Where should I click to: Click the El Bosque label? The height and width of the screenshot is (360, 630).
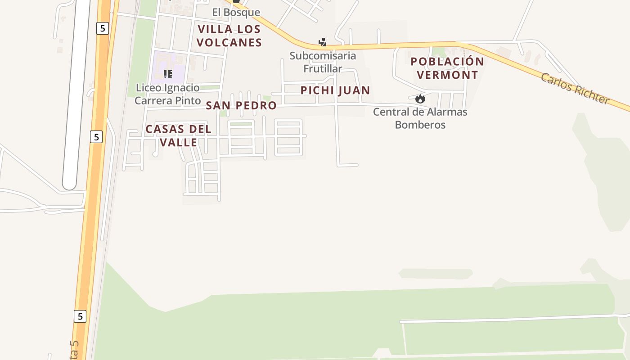click(x=236, y=13)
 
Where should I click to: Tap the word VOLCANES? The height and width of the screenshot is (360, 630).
click(x=229, y=43)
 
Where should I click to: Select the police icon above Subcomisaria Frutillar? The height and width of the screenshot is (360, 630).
click(x=322, y=42)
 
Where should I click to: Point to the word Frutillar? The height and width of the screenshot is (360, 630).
click(x=323, y=69)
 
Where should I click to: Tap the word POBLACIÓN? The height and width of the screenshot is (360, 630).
click(x=447, y=62)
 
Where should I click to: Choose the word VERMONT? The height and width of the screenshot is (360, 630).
click(x=447, y=75)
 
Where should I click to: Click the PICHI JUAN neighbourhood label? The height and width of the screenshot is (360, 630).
click(x=335, y=90)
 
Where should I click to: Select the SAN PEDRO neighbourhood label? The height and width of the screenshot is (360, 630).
click(x=241, y=106)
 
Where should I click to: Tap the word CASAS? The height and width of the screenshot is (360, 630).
click(x=164, y=130)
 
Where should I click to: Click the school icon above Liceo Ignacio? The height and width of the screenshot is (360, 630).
click(x=168, y=74)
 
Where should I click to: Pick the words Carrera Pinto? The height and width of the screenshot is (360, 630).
click(x=167, y=100)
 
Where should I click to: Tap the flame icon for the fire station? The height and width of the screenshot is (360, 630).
click(x=420, y=99)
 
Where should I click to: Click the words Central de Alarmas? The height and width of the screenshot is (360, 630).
click(x=420, y=112)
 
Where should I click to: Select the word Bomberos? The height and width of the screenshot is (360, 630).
click(x=420, y=125)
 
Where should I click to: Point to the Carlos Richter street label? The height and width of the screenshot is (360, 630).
click(x=575, y=89)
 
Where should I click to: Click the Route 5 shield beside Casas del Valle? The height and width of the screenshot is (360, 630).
click(x=96, y=136)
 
